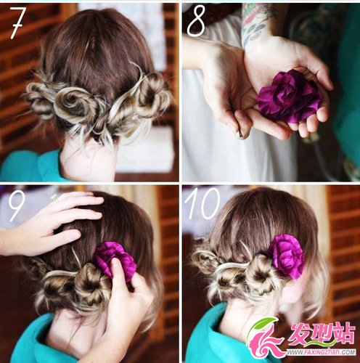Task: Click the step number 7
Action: (17, 23)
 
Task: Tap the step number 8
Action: (197, 21)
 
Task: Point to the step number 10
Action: (202, 203)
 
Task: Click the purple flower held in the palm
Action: (289, 96)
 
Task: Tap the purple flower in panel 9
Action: (115, 259)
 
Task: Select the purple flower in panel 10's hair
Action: (286, 256)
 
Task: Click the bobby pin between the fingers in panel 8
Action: (239, 131)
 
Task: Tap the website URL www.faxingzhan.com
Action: (321, 352)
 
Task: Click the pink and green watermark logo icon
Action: (265, 338)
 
